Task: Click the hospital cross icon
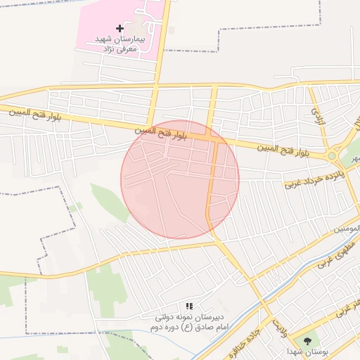click(x=120, y=29)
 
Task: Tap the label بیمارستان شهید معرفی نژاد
click(x=119, y=44)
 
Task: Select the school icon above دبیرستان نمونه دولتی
click(x=189, y=307)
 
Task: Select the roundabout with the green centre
click(x=331, y=155)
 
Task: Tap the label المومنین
click(x=347, y=229)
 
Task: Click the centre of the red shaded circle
click(x=180, y=179)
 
